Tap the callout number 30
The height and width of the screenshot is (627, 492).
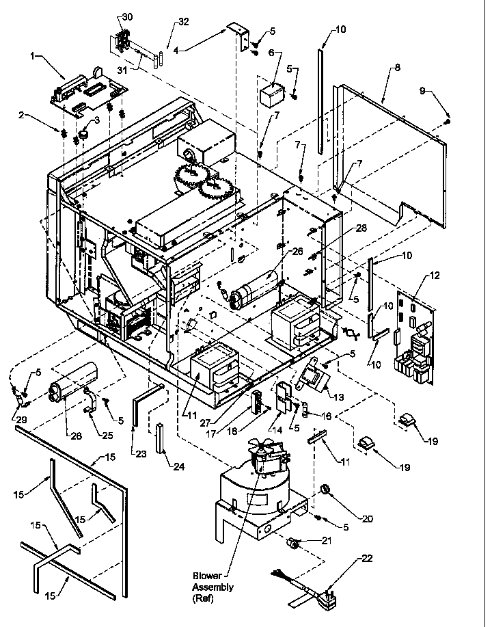[x=127, y=16]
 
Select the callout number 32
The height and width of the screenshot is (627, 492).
[x=165, y=22]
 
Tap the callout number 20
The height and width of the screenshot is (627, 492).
[x=368, y=519]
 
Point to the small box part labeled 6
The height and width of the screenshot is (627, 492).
[x=276, y=92]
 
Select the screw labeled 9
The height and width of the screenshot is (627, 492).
[x=447, y=121]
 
